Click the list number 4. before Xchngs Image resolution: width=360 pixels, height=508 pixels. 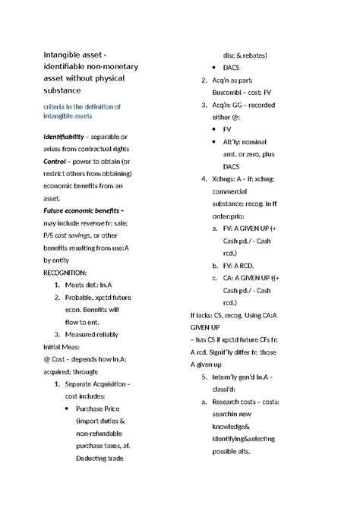[204, 179]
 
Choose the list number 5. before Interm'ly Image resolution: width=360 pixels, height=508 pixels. [204, 377]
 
